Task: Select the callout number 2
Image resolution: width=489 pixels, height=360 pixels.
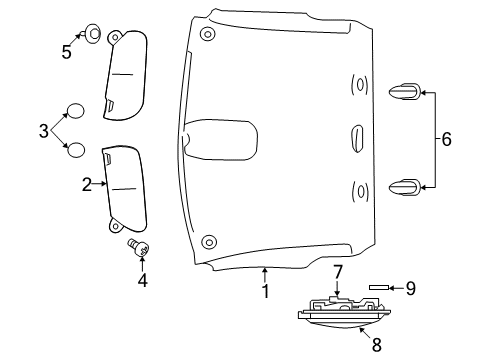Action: (x=87, y=184)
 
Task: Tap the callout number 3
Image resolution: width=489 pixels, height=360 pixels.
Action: (x=43, y=130)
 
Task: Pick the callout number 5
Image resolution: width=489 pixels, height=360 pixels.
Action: (x=68, y=52)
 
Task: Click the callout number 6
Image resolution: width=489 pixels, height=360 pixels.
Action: (x=446, y=139)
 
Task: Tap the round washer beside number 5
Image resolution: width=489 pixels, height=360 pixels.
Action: (x=91, y=31)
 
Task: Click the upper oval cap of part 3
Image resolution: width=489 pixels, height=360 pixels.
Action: (x=76, y=111)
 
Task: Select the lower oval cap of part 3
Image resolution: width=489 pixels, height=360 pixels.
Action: (x=75, y=150)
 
